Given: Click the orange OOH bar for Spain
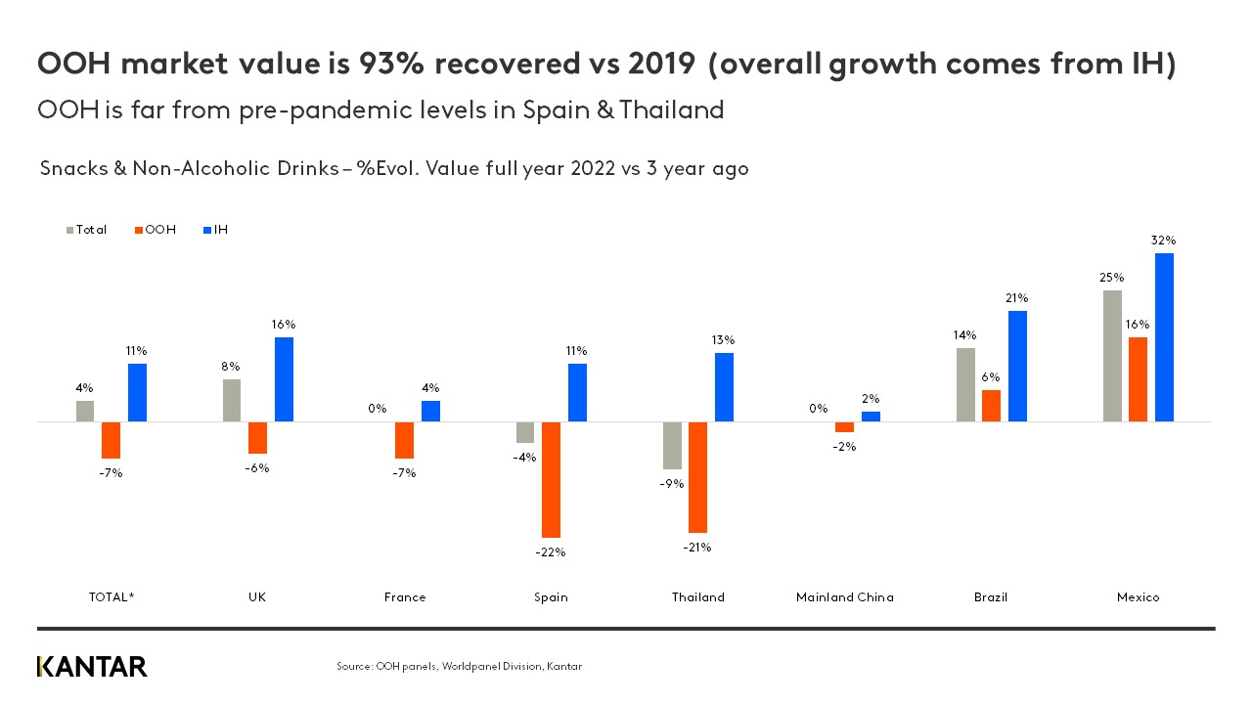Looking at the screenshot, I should point(552,479).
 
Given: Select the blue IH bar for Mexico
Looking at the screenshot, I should point(1164,337).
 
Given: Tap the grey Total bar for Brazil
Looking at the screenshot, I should point(965,384).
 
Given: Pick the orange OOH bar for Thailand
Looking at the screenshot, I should point(697,476).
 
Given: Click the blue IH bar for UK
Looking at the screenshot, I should point(284,379).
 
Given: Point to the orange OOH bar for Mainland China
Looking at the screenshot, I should point(844,426).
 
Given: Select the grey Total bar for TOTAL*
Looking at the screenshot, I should point(85,411).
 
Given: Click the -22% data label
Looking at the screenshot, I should point(551,551).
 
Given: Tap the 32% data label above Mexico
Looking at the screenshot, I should point(1163,240).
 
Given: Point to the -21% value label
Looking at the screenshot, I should point(697,547).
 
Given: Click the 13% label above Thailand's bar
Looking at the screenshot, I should point(724,339).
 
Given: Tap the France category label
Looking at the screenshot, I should point(405,596).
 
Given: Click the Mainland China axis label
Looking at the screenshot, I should point(844,596).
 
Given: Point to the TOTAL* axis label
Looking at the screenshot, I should point(111,596).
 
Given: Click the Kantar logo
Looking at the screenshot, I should point(92,667).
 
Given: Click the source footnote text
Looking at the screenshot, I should point(459,667).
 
